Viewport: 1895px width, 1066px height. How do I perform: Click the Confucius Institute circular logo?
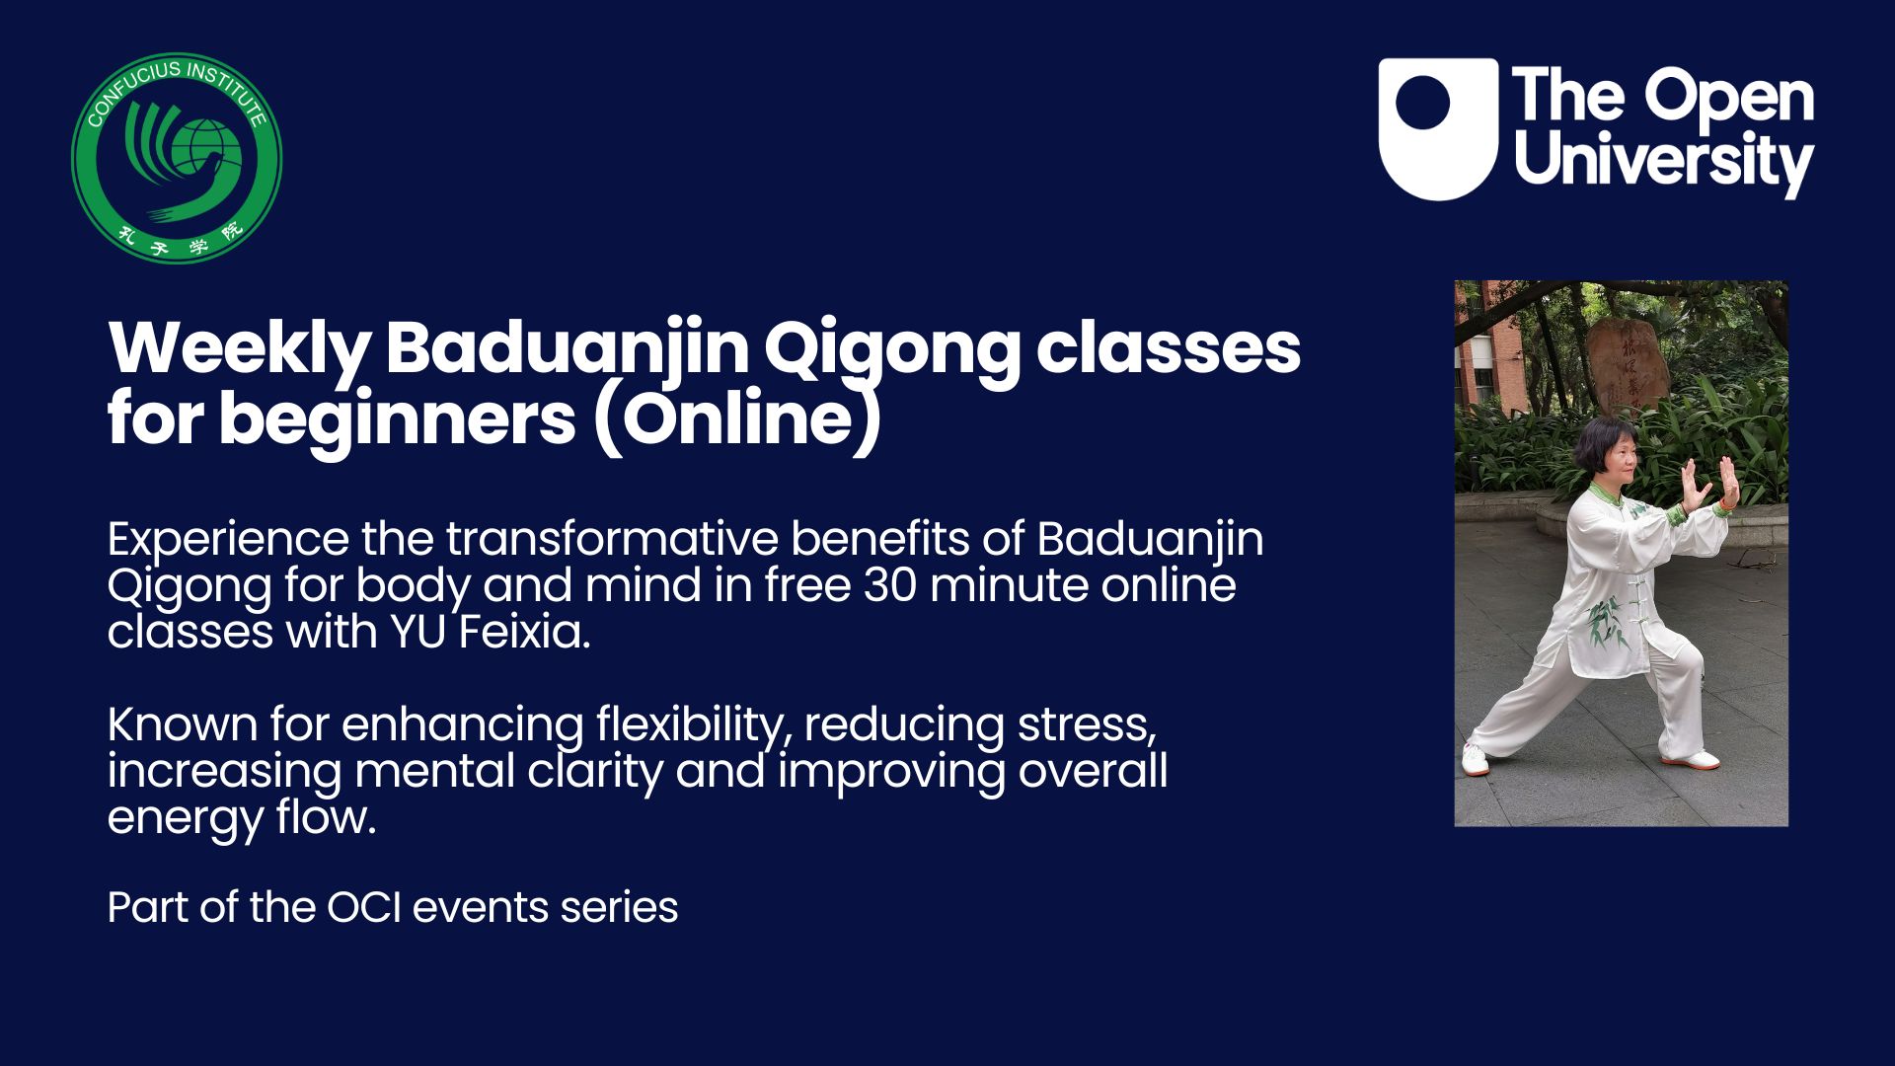click(177, 158)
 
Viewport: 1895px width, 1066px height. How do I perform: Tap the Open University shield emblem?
click(1438, 129)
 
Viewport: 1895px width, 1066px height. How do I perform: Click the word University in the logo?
click(1664, 161)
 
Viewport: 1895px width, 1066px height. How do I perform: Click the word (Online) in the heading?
click(736, 420)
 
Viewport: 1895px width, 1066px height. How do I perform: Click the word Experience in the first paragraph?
click(228, 541)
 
